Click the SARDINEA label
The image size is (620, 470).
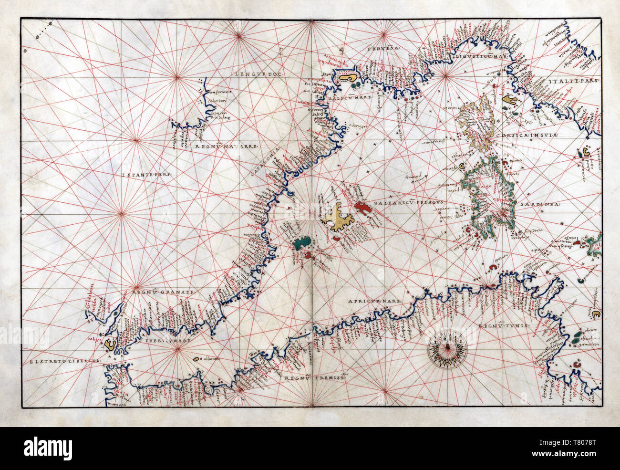[544, 204]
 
